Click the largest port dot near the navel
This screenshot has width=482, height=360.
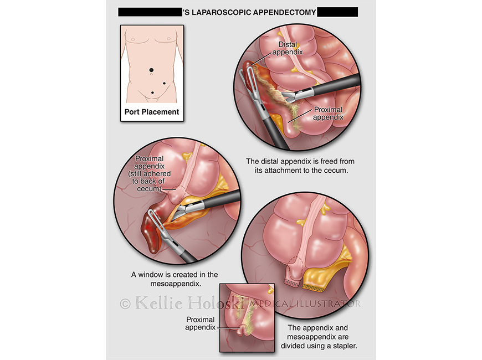coord(151,70)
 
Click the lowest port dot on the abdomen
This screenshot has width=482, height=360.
coord(152,92)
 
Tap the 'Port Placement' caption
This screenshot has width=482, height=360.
coord(152,112)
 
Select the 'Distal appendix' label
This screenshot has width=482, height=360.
coord(288,48)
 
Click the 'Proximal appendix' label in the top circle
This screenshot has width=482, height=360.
coord(329,114)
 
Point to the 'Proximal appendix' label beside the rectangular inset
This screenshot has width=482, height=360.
coord(201,323)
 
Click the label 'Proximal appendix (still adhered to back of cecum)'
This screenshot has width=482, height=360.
coord(150,174)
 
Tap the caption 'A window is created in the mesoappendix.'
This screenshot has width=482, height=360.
coord(175,279)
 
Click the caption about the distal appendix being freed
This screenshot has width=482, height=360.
coord(300,166)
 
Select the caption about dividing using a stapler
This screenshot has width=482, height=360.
coord(319,337)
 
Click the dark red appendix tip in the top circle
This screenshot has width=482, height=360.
coord(248,74)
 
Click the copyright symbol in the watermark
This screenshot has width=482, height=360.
coord(125,304)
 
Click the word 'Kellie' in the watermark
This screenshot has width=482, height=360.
coord(158,303)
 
